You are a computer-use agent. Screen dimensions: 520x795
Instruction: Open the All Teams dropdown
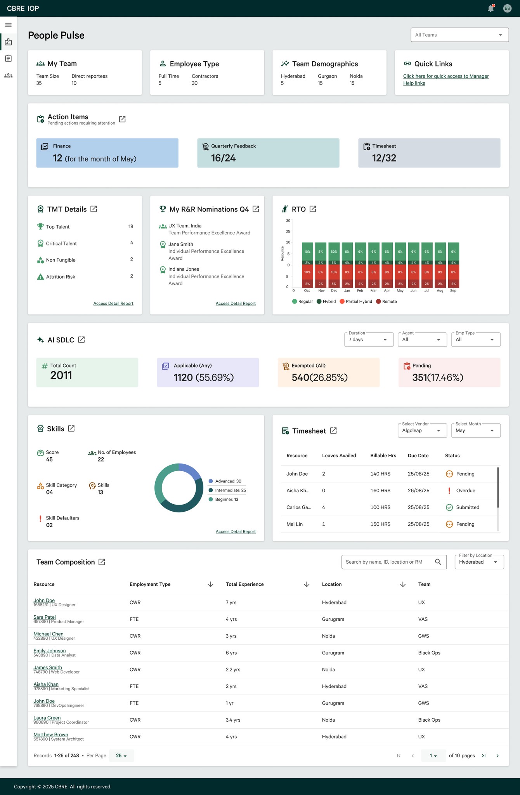tap(459, 35)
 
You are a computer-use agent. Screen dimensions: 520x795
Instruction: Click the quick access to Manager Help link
tap(446, 80)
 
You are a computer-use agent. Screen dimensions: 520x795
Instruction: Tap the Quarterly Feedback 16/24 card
tap(268, 153)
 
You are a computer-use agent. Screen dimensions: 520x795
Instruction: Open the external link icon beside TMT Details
tap(94, 209)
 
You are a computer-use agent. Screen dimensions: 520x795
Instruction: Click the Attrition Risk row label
tap(61, 277)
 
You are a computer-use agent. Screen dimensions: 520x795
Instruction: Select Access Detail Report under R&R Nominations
tap(236, 304)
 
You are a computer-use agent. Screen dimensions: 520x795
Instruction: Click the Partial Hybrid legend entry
tap(356, 302)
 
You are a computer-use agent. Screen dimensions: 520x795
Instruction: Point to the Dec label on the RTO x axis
tap(334, 291)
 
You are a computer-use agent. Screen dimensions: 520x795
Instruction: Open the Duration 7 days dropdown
tap(369, 340)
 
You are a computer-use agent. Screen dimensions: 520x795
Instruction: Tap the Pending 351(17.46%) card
tap(449, 372)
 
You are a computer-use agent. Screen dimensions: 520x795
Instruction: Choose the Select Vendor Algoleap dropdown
tap(422, 430)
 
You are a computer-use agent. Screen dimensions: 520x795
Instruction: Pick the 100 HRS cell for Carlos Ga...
tap(380, 507)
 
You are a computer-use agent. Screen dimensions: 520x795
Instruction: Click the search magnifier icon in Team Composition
tap(438, 562)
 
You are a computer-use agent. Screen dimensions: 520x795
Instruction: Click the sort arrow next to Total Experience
tap(307, 584)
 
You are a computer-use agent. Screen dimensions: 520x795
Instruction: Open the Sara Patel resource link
tap(45, 617)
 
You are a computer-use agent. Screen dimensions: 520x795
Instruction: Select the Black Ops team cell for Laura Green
tap(429, 720)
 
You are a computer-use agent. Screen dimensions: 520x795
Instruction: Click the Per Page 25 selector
tap(121, 756)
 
